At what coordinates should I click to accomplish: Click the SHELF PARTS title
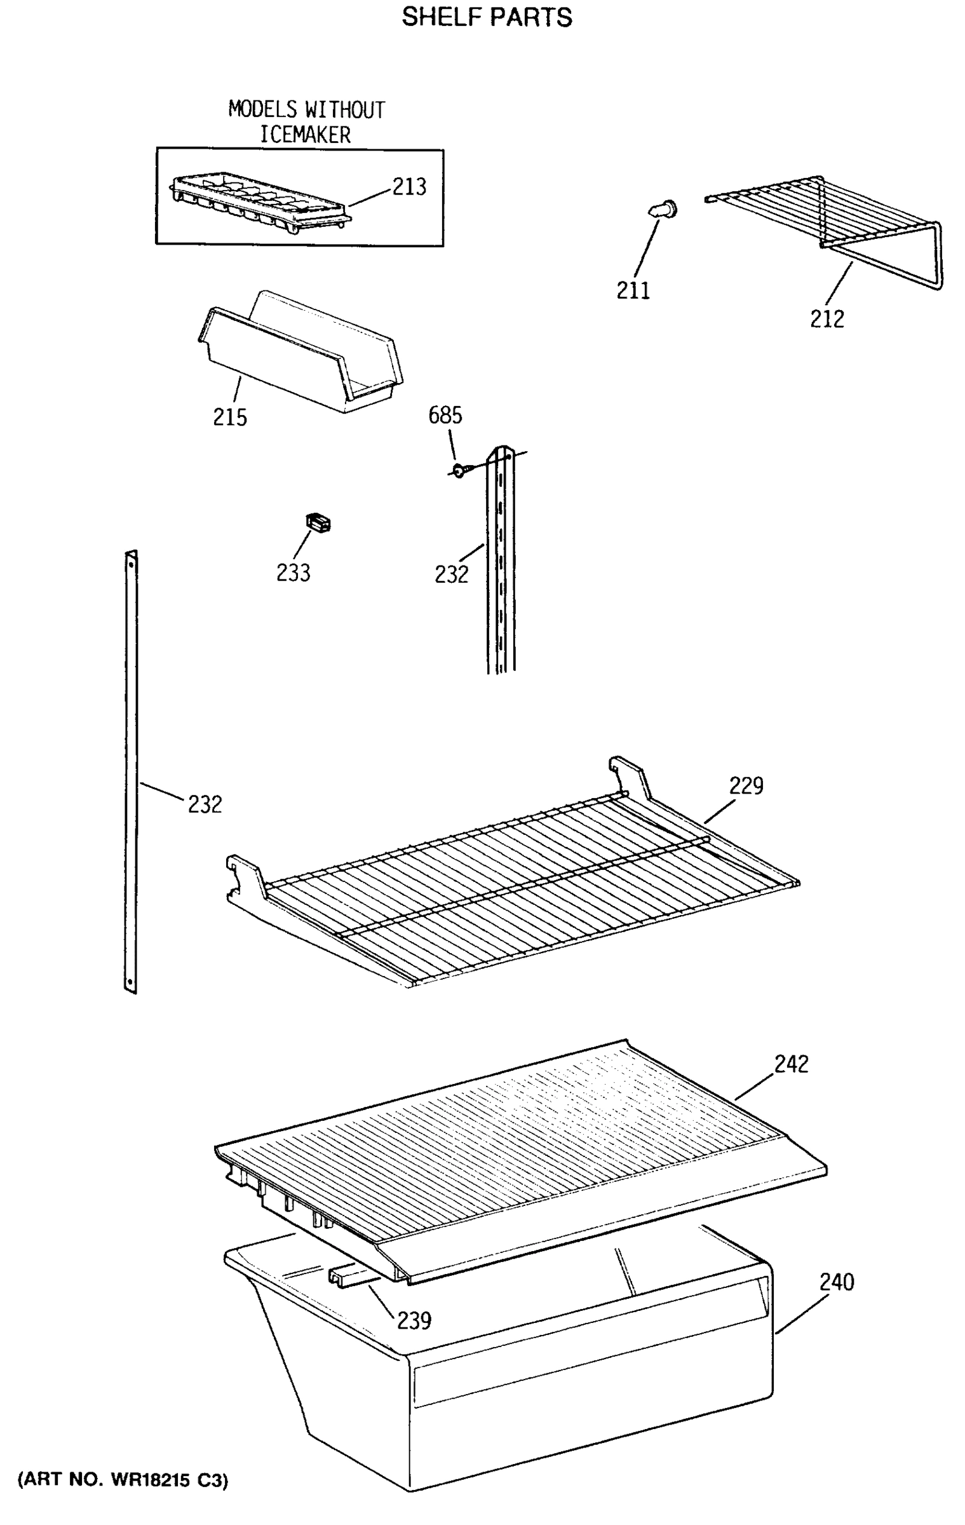[x=487, y=17]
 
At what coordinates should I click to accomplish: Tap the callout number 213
[x=409, y=187]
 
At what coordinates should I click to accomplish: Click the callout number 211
[x=633, y=291]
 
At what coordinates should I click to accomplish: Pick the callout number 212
[x=827, y=319]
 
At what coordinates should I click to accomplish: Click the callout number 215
[x=229, y=417]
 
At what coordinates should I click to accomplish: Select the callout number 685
[x=445, y=416]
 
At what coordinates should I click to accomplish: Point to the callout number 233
[x=293, y=573]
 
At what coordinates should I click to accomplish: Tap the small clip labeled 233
[x=318, y=523]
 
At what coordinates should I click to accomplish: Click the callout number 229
[x=746, y=786]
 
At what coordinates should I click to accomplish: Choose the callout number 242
[x=791, y=1064]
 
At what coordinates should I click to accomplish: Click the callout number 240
[x=836, y=1282]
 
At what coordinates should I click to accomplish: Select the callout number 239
[x=414, y=1321]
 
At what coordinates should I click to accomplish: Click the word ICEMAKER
[x=306, y=135]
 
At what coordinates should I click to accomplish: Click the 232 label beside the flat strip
[x=205, y=804]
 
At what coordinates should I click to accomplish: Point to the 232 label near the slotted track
[x=451, y=574]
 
